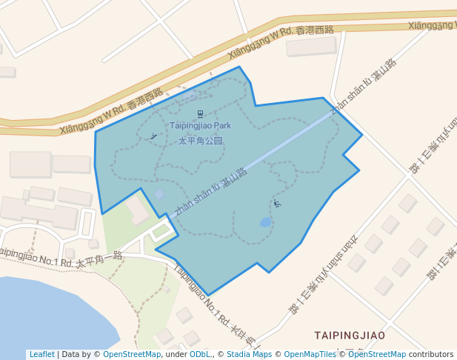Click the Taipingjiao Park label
pos(200,126)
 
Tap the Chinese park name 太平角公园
pos(200,140)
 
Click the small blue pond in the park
pos(266,222)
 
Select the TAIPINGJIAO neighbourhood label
pos(350,336)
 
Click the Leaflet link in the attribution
pos(41,355)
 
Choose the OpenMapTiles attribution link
pos(310,355)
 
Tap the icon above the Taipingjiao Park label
pos(200,113)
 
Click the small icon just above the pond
pos(277,203)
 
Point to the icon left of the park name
pos(153,136)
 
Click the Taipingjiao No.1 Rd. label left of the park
pos(59,257)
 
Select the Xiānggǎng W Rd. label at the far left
pos(111,112)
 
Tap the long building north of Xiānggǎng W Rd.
pos(311,47)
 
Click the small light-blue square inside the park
pos(159,194)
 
